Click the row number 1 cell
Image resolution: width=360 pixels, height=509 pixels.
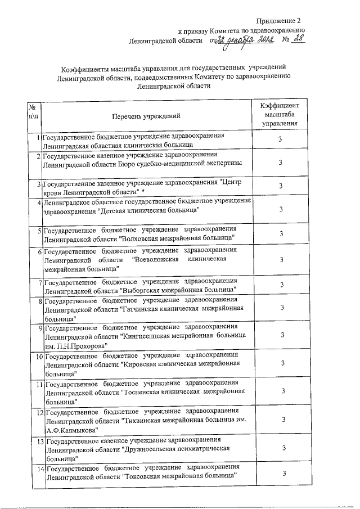point(37,137)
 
